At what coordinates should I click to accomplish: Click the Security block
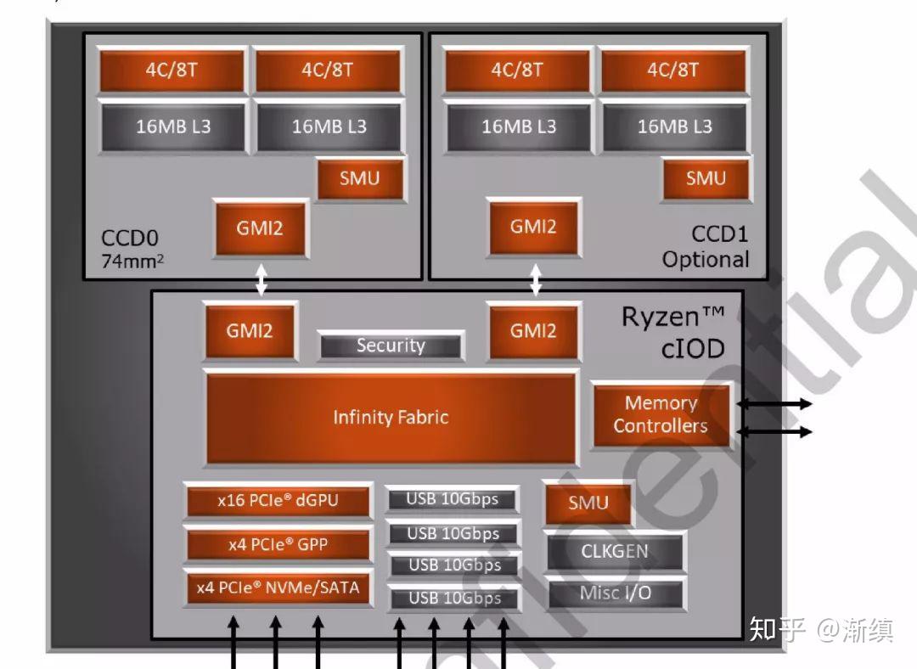[391, 346]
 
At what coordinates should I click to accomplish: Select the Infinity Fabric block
[391, 418]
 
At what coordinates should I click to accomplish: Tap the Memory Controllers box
[661, 414]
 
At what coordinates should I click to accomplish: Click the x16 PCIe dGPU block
[278, 501]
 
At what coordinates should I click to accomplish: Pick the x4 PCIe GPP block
[278, 544]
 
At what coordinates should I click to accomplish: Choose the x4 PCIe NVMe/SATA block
[278, 587]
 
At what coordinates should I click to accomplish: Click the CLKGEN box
[614, 552]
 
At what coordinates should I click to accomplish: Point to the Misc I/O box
[614, 593]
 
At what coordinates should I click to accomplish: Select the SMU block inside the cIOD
[588, 503]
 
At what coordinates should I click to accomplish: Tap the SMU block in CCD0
[359, 178]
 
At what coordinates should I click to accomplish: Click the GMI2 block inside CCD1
[533, 228]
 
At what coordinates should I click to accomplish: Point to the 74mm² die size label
[132, 261]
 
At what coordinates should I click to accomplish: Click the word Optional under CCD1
[706, 260]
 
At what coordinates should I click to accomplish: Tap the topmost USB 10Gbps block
[452, 499]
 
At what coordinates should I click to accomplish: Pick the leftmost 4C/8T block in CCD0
[173, 70]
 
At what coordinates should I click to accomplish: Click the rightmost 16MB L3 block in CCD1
[674, 126]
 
